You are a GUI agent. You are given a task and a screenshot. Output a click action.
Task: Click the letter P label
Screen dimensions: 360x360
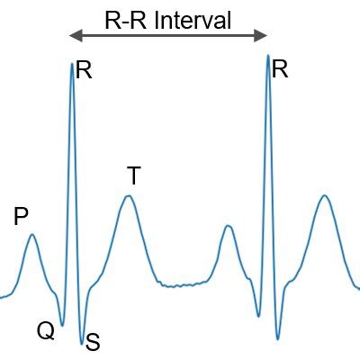point(21,217)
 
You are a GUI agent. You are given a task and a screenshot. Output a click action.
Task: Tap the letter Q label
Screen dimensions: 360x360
point(46,331)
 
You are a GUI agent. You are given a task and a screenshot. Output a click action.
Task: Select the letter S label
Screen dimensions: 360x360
point(93,342)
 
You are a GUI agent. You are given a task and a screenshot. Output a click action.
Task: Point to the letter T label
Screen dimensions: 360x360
point(134,175)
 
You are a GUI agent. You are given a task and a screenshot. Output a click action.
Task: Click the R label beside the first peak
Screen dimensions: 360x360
point(84,70)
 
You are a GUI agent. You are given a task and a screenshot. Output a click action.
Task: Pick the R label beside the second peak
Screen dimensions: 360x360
point(280,69)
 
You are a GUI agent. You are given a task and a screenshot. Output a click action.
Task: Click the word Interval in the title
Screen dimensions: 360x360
point(193,21)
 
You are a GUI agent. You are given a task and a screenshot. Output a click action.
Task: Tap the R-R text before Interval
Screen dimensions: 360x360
point(126,21)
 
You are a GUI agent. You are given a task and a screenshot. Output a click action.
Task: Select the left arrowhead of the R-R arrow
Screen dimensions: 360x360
point(76,36)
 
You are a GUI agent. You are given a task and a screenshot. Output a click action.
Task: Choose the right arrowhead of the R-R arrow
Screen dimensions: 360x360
point(261,36)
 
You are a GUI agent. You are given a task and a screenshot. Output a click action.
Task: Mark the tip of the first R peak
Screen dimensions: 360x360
point(72,63)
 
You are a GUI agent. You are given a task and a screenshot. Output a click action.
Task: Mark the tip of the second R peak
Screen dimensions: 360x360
point(268,55)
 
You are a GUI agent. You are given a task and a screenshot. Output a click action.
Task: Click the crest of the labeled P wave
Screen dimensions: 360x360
point(32,234)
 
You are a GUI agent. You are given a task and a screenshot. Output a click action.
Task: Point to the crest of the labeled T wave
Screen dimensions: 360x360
point(129,196)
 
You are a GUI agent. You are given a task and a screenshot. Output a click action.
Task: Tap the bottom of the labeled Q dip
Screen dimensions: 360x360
point(62,326)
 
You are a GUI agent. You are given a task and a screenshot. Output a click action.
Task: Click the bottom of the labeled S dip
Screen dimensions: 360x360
point(82,344)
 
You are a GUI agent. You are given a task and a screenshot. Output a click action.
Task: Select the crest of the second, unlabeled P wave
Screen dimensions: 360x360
point(229,225)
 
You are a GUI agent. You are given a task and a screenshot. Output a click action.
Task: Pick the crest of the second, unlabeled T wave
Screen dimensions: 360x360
point(324,195)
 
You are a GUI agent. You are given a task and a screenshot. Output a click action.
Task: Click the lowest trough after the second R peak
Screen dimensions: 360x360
point(278,339)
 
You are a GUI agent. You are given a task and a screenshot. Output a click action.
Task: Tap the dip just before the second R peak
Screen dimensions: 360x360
point(258,316)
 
